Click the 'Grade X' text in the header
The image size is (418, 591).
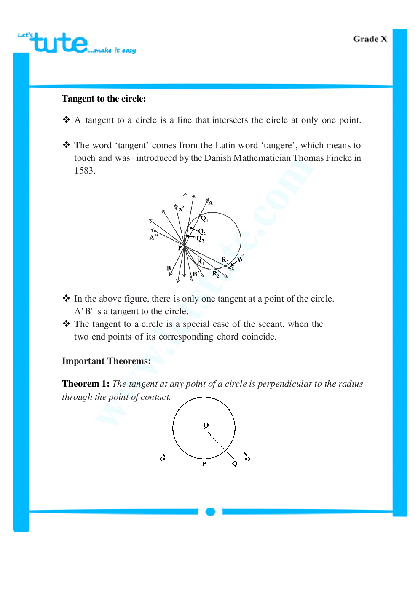370,39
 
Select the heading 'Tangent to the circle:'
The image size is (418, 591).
104,99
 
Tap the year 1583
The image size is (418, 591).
84,171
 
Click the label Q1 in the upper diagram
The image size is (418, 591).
204,219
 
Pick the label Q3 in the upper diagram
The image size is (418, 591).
200,239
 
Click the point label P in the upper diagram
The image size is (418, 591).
180,248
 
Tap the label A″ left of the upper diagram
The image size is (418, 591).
153,238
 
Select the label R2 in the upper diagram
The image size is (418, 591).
215,274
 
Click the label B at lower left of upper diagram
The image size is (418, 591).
169,268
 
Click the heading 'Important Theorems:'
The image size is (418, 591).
106,361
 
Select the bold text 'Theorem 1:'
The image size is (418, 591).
86,384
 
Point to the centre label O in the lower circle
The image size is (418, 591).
206,425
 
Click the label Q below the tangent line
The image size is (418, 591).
235,464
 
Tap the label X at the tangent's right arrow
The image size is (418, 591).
245,454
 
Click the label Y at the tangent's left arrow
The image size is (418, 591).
164,455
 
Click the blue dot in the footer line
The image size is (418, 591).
210,512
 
